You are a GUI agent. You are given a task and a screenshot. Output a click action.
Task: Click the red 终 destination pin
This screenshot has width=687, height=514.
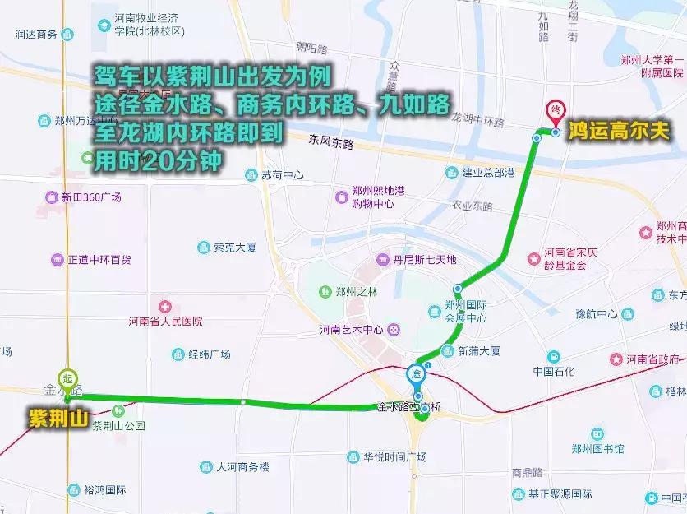(x=556, y=111)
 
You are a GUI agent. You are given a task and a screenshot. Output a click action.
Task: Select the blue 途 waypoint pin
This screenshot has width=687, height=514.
(x=417, y=375)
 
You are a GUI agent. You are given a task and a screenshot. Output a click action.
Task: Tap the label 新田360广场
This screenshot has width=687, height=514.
(x=90, y=197)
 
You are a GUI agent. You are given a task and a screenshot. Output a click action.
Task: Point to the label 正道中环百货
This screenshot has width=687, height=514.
(x=99, y=260)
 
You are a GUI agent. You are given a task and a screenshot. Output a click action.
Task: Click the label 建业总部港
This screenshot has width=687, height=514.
(x=487, y=173)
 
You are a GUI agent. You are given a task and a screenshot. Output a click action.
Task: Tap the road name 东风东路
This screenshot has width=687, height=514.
(x=331, y=143)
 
